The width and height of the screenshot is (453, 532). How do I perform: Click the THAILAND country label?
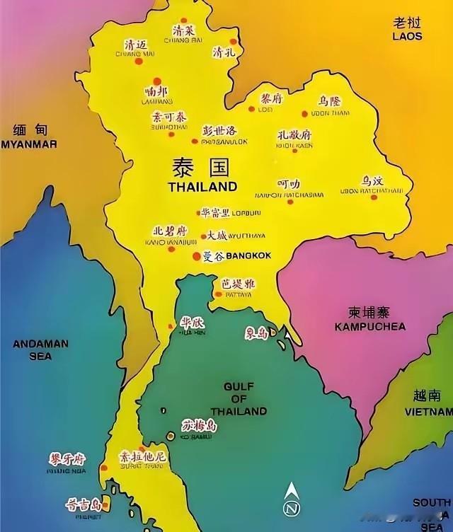click(x=202, y=187)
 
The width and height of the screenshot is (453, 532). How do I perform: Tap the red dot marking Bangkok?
click(x=197, y=255)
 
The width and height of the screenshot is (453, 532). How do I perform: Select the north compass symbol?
click(x=290, y=503)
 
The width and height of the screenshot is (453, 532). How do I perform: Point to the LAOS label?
click(x=408, y=35)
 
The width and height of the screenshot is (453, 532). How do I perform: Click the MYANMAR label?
click(x=29, y=144)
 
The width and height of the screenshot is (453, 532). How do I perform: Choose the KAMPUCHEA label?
click(x=370, y=327)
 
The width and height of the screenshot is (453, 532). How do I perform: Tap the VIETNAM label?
click(x=428, y=411)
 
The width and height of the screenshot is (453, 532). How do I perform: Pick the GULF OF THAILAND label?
click(x=245, y=399)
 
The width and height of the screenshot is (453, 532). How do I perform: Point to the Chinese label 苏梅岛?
click(x=198, y=426)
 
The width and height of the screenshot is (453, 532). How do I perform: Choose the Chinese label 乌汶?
click(x=372, y=181)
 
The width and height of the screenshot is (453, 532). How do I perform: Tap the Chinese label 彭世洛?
click(x=219, y=131)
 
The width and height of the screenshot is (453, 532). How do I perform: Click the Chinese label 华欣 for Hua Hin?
click(x=191, y=322)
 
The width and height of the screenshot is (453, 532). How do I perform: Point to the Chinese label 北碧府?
click(x=170, y=231)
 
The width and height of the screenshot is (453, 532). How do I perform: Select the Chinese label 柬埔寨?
click(x=370, y=312)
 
